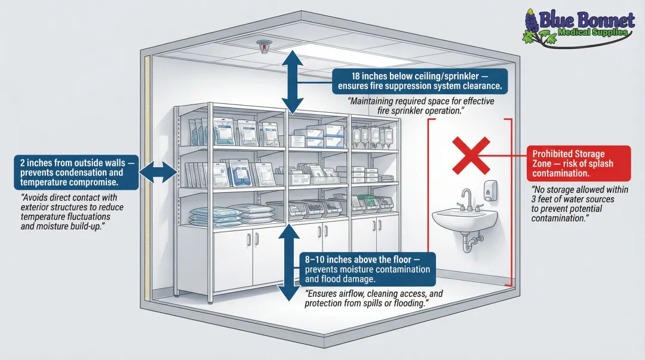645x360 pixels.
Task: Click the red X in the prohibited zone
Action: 468,153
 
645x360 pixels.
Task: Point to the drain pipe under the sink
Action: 473,242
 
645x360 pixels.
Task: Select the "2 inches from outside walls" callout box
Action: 76,172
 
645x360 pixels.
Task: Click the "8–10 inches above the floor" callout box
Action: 367,270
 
